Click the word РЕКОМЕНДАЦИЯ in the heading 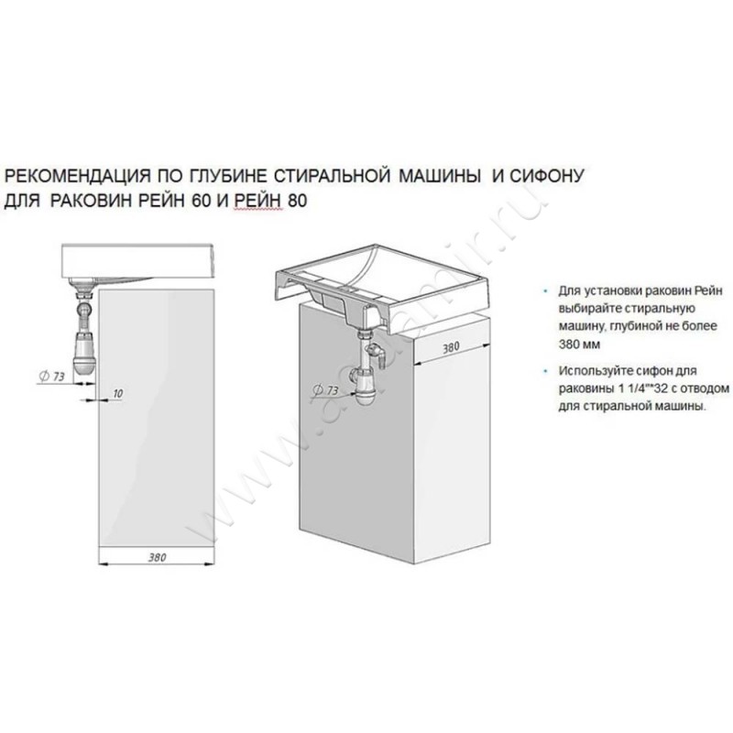coord(78,176)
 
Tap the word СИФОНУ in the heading coord(546,176)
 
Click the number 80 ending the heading coord(297,201)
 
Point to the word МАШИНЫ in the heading coord(440,176)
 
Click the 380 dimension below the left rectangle coord(157,557)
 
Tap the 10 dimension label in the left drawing coord(117,393)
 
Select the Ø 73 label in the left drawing coord(51,376)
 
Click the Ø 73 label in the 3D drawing coord(325,389)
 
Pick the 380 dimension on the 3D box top coord(451,347)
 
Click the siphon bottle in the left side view coord(85,352)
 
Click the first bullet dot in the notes coord(544,291)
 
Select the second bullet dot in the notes coord(544,371)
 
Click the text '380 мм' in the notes coord(579,345)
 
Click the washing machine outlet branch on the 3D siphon coord(377,354)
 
